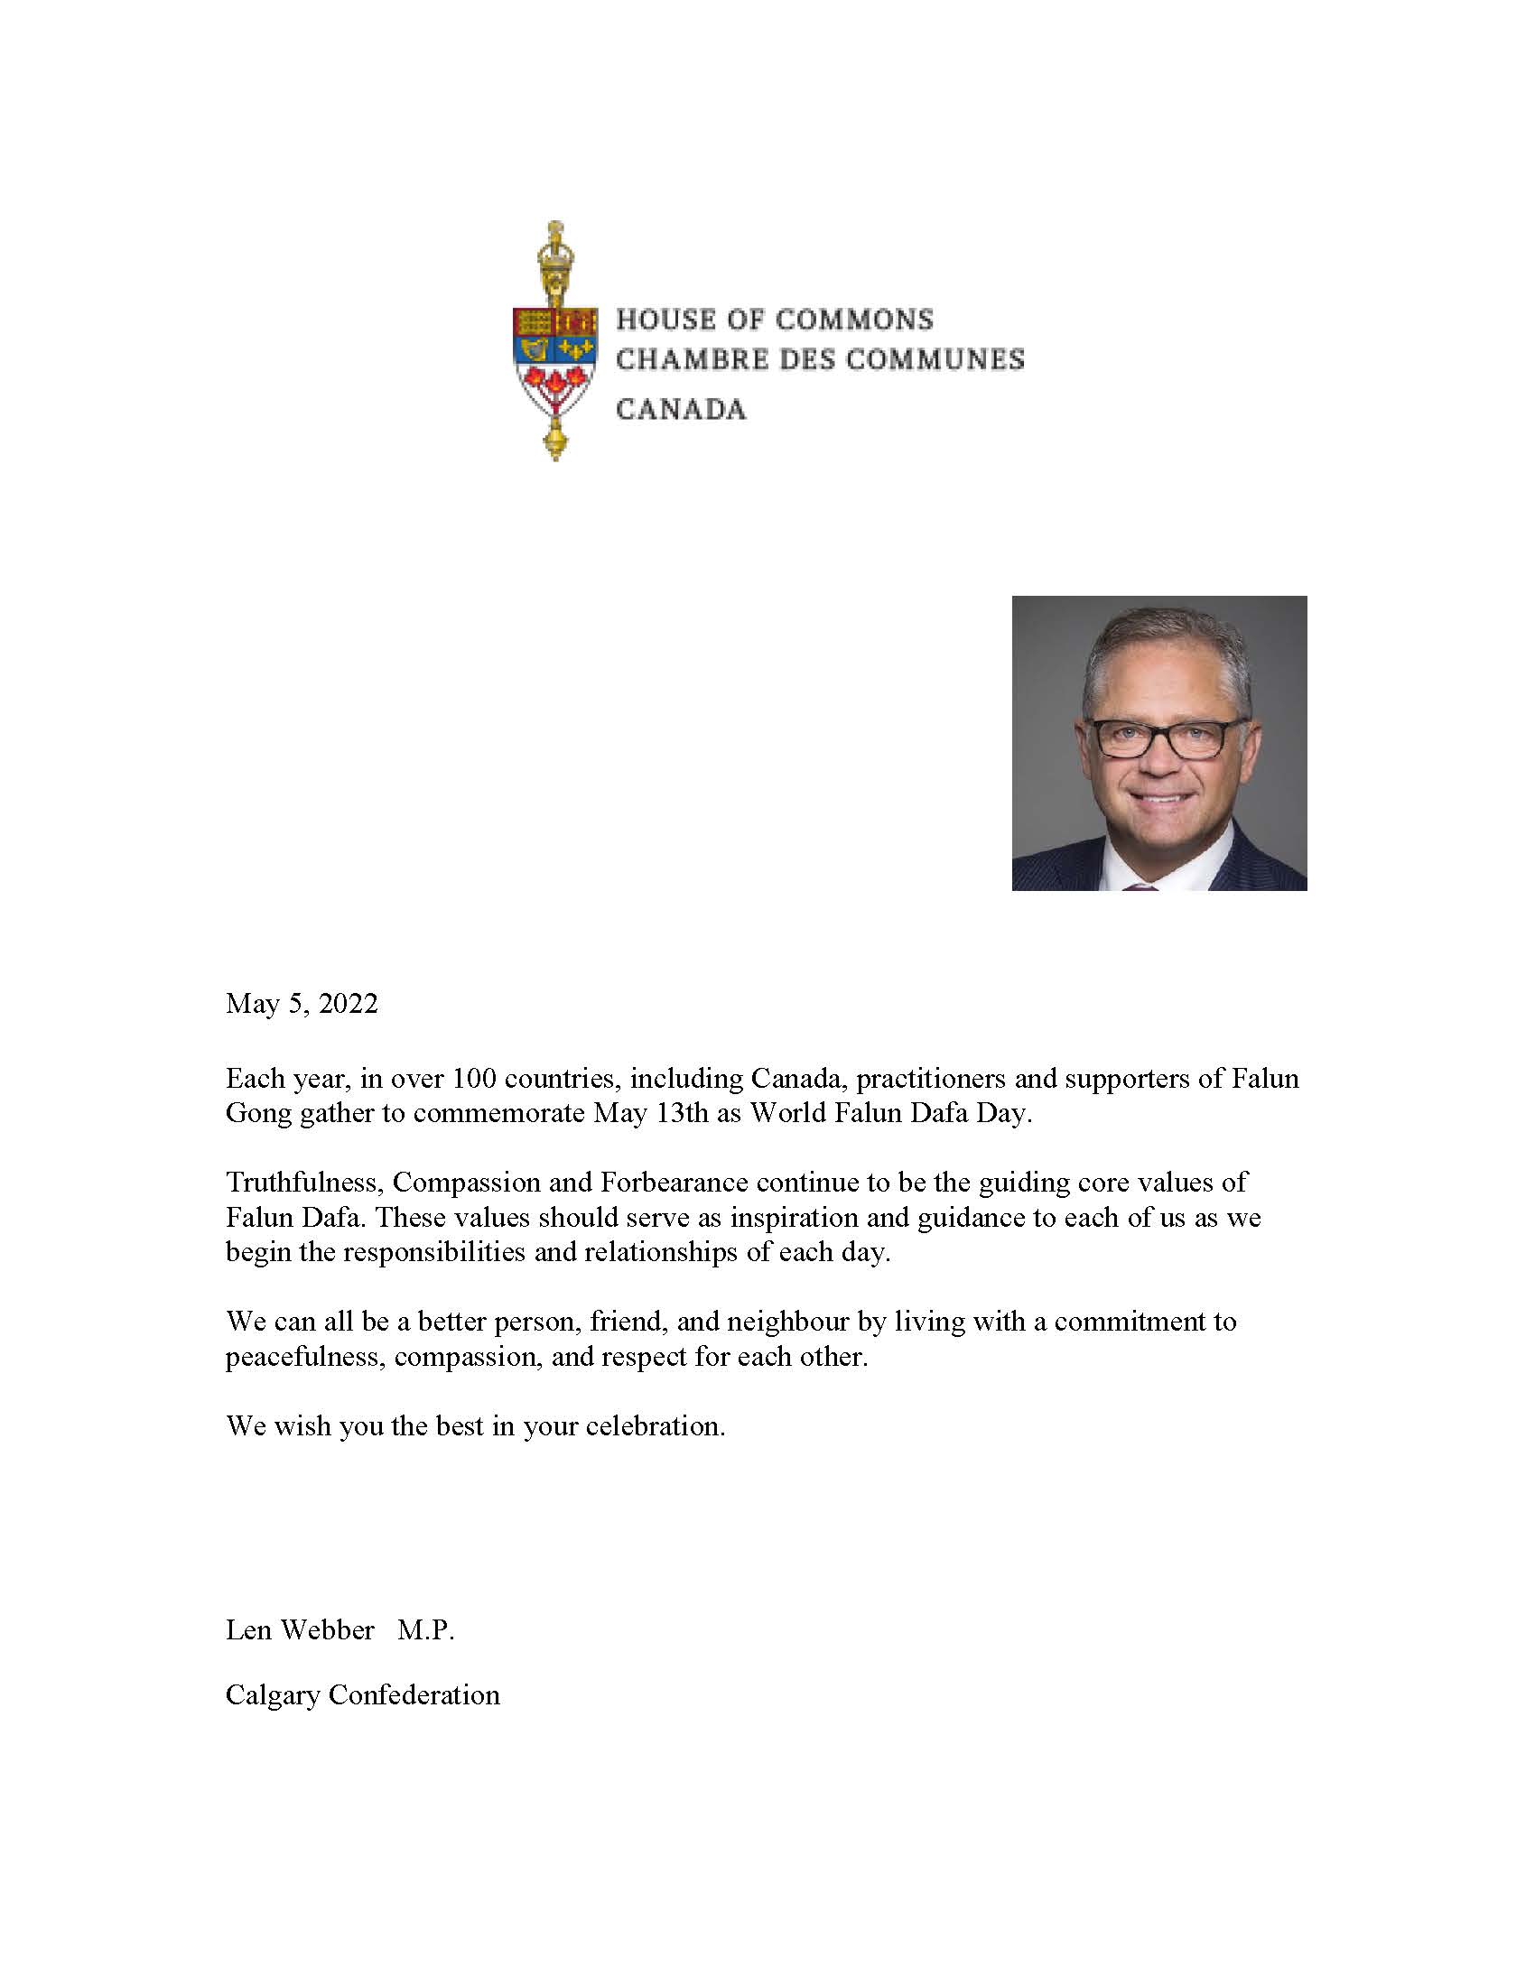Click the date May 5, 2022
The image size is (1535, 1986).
click(x=301, y=1004)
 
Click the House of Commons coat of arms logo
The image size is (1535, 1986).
click(x=554, y=341)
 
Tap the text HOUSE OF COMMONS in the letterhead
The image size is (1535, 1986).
click(x=775, y=320)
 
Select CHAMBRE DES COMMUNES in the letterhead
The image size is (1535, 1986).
click(x=820, y=359)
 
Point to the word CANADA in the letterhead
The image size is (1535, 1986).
click(x=681, y=409)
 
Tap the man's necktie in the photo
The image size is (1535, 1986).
click(x=1140, y=884)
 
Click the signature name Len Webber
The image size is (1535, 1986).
click(x=299, y=1629)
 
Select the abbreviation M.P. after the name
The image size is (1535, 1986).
click(x=425, y=1629)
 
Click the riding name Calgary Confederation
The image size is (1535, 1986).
click(x=363, y=1695)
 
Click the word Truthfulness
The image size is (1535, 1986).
click(x=305, y=1183)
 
